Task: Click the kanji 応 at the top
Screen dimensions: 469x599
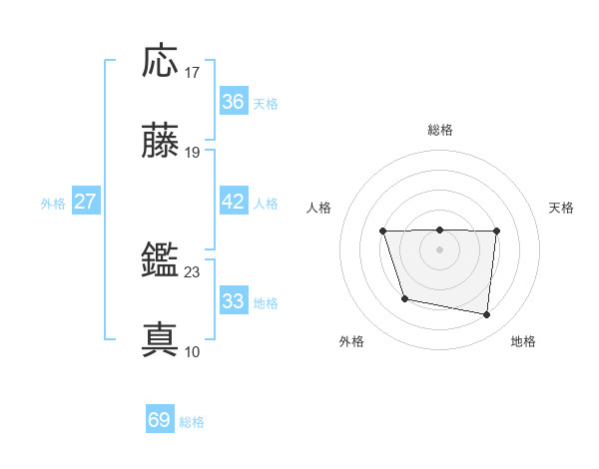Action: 161,62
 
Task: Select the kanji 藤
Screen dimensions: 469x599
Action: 161,142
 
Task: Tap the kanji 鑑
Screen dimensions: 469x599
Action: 161,261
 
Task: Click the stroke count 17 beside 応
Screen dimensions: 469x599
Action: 193,73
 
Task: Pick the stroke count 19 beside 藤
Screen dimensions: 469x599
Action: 193,153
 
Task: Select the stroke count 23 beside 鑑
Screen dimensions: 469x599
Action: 193,271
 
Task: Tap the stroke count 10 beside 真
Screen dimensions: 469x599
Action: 193,351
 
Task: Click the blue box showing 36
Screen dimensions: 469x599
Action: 233,102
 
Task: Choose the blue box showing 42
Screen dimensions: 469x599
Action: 233,202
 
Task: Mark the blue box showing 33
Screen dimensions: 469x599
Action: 233,301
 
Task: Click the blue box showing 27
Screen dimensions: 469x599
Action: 85,202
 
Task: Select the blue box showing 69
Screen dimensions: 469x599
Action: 159,420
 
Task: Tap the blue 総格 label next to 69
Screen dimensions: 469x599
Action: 192,422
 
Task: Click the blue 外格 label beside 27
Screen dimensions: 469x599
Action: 53,204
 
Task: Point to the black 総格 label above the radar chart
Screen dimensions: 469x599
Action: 440,130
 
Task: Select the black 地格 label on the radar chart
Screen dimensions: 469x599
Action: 523,341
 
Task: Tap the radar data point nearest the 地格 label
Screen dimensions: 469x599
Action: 487,315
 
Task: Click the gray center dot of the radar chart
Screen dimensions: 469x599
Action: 439,249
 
